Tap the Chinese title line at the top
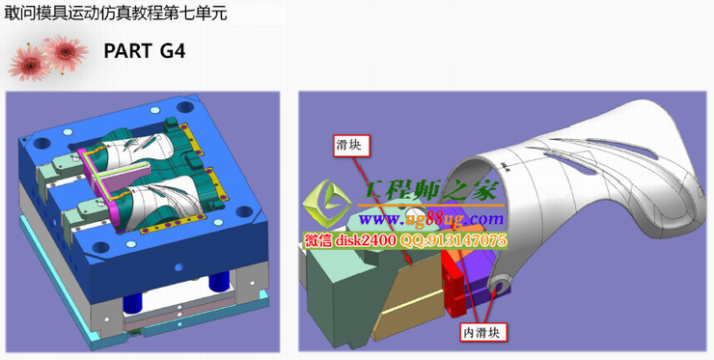click(x=116, y=13)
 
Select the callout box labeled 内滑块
click(x=484, y=332)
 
